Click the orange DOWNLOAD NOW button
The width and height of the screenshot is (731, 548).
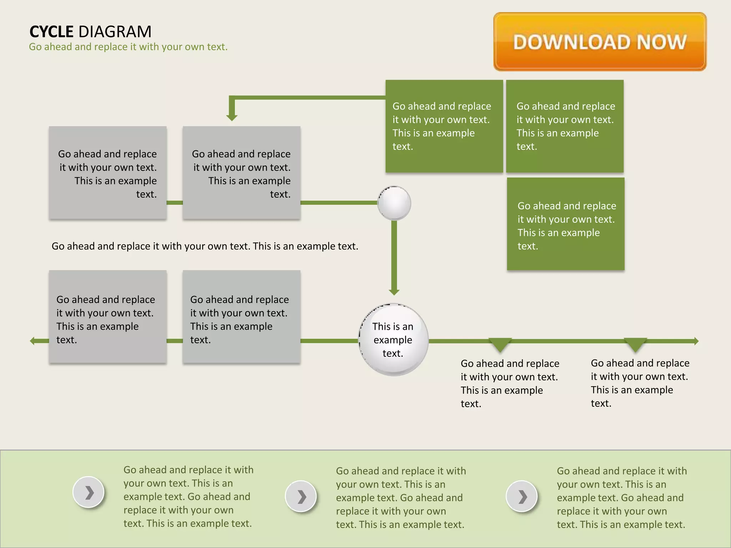600,42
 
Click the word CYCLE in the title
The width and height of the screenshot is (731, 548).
51,32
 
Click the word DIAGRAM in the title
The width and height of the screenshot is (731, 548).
115,32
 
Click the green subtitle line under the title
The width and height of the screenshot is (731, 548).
128,47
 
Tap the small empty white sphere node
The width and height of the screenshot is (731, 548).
394,203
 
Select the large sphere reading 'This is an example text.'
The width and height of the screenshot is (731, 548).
393,340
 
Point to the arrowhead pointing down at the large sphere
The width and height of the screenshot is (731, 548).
394,292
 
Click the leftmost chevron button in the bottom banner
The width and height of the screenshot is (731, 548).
89,492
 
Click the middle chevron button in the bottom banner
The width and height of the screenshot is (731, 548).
301,496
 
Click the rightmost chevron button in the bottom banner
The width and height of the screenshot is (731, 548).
522,496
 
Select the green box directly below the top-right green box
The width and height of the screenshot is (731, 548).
566,224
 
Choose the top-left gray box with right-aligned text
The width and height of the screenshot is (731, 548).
108,173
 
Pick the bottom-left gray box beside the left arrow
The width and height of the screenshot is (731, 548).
108,317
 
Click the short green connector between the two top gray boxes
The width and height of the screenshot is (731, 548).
175,203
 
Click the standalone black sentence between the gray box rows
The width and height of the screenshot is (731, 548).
205,246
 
